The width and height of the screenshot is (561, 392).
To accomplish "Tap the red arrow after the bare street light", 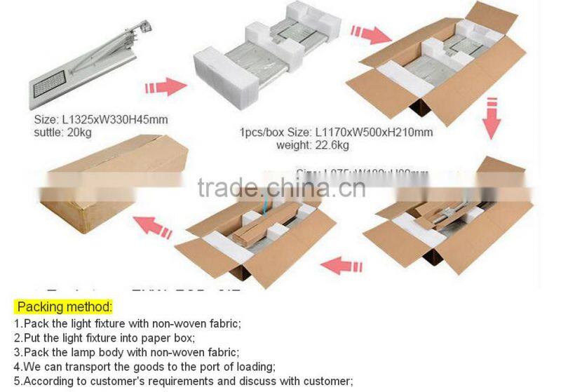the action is click(165, 88).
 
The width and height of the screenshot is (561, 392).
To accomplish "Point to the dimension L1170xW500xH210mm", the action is click(374, 132).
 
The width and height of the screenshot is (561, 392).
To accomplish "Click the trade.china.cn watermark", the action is click(280, 188).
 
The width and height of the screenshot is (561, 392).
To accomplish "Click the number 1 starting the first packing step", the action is click(18, 323).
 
